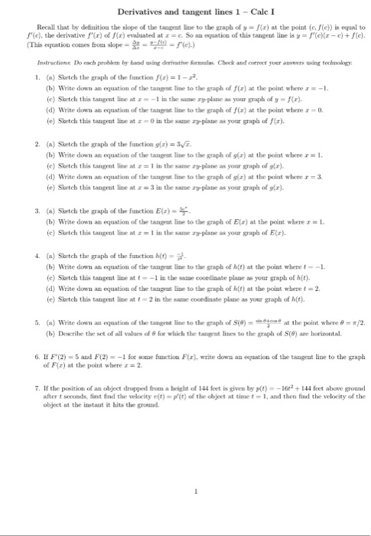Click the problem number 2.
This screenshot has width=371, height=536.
click(27, 144)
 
